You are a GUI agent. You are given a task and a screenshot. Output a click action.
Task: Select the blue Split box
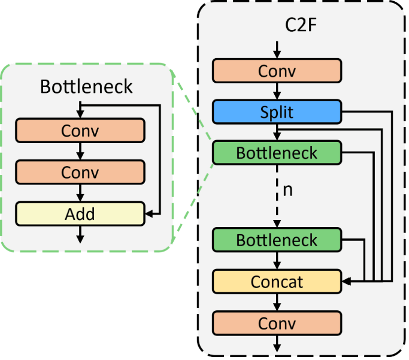coord(277,111)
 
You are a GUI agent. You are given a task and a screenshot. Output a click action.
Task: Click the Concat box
coord(277,281)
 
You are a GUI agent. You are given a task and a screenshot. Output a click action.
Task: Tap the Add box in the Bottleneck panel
coord(80,213)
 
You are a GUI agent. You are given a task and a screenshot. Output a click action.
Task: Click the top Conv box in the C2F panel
coord(277,71)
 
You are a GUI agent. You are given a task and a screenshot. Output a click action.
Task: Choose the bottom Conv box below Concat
coord(277,323)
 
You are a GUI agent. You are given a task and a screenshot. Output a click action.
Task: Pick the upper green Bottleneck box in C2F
coord(277,152)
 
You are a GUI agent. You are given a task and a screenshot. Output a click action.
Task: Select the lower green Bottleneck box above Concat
coord(277,240)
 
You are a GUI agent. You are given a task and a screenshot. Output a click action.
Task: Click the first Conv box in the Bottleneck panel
coord(80,130)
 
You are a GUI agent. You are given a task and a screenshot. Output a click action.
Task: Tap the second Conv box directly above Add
coord(80,172)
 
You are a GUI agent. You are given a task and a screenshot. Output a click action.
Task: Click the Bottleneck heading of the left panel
coord(86,87)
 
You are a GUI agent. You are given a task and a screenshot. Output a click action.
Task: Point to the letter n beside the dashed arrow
coord(287,190)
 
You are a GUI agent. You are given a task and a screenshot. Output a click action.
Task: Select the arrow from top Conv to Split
coord(277,91)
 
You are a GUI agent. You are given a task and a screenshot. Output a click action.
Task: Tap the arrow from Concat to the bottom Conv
coord(277,302)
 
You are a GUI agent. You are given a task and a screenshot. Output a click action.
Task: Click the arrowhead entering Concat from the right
coord(345,280)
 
